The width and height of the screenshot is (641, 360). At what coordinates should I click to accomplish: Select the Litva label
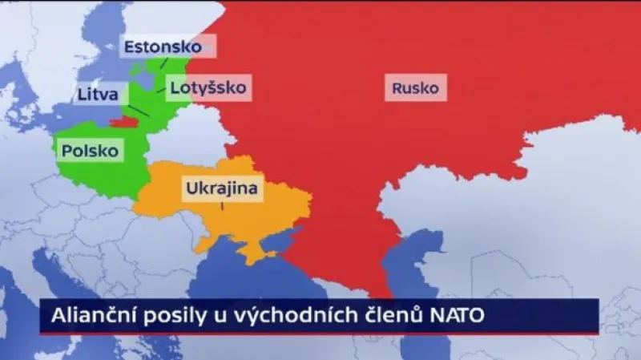pos(98,94)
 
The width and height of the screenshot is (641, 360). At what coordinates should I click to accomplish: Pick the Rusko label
pos(415,87)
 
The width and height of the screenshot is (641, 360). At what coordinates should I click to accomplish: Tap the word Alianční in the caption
pos(88,316)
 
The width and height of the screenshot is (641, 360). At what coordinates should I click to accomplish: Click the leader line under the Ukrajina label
pos(222,206)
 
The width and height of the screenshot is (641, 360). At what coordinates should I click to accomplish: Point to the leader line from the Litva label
pos(139,111)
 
